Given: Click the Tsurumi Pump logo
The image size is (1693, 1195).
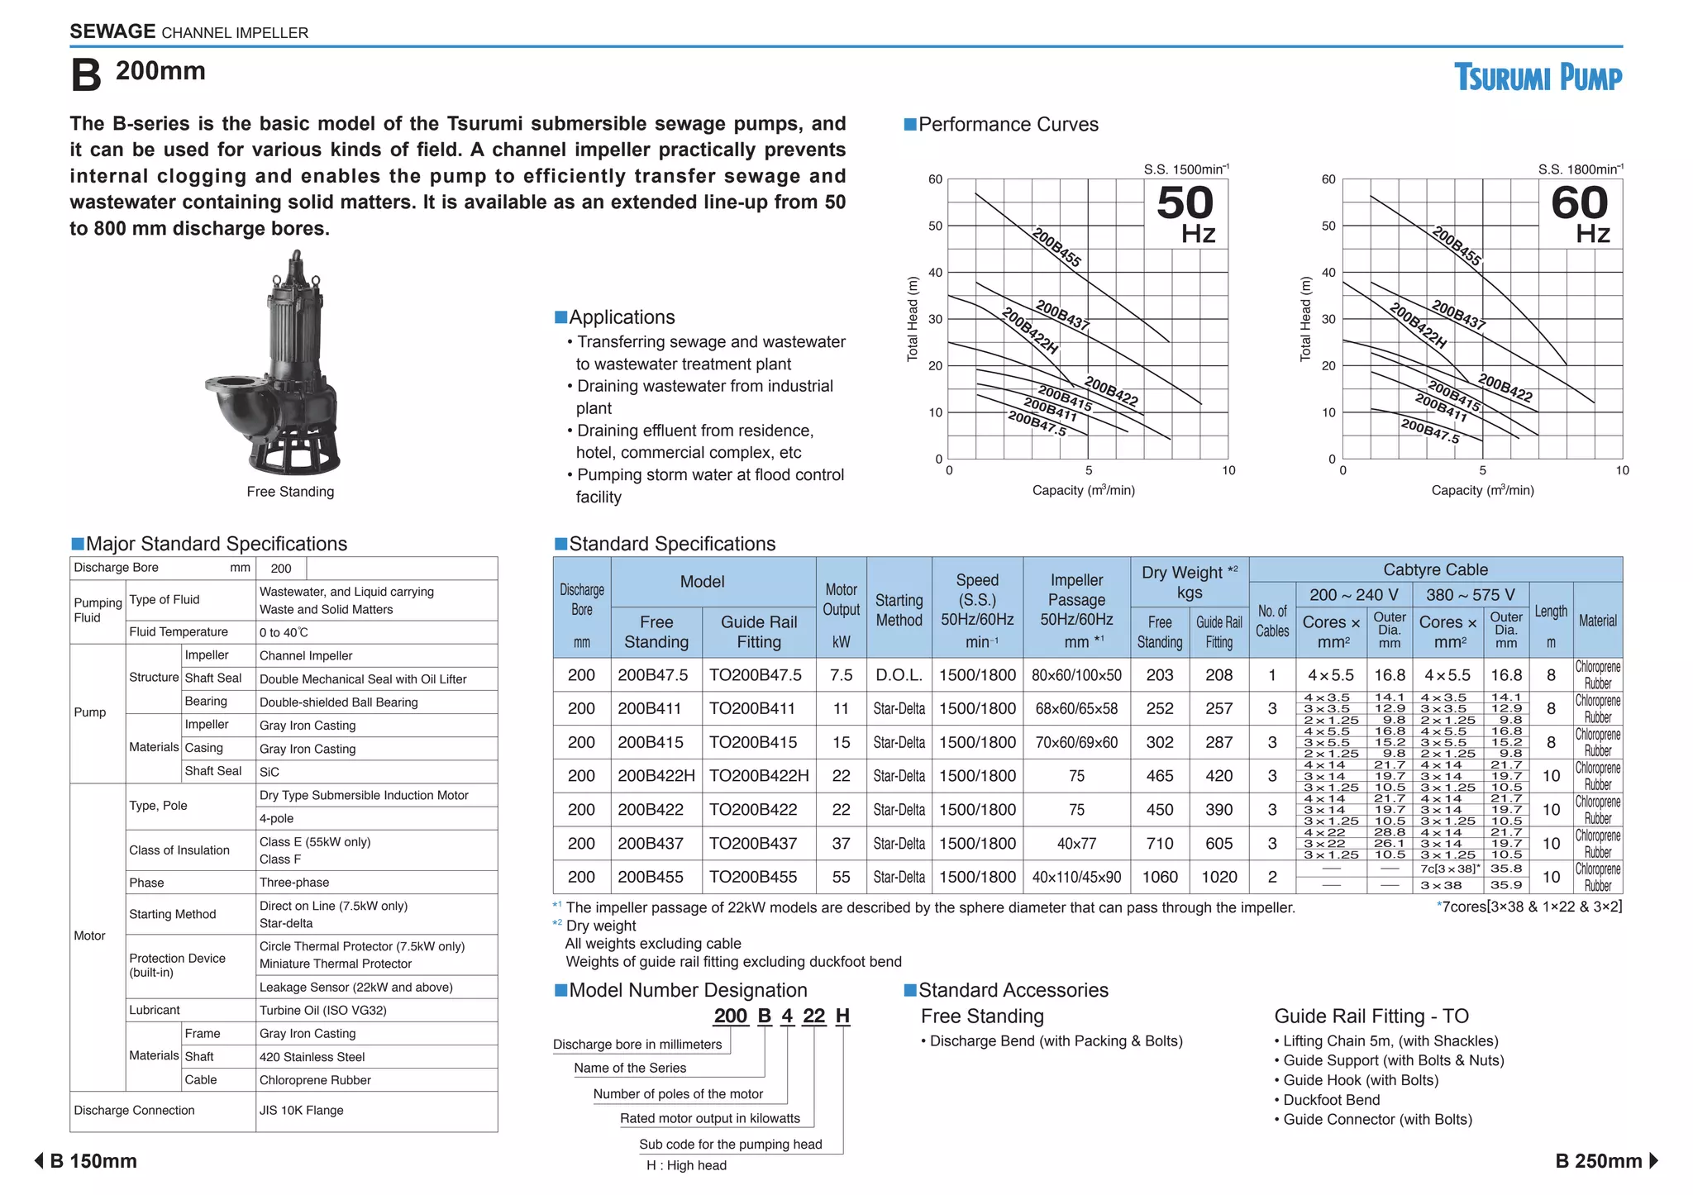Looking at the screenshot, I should pyautogui.click(x=1538, y=78).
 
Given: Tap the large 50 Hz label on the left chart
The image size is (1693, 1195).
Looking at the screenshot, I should pyautogui.click(x=1185, y=214).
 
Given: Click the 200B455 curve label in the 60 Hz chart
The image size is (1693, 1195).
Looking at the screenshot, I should pyautogui.click(x=1457, y=245).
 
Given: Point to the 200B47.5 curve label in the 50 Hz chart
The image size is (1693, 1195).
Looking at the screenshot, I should pyautogui.click(x=1037, y=423).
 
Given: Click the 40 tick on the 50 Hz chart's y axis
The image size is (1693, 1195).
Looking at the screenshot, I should pyautogui.click(x=935, y=272).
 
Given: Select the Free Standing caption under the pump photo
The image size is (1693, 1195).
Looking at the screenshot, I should pyautogui.click(x=290, y=492).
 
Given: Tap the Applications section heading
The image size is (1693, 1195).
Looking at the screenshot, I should pyautogui.click(x=621, y=317).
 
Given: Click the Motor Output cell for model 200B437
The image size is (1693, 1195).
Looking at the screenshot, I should pyautogui.click(x=841, y=844).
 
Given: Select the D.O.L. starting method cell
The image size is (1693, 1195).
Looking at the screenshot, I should pyautogui.click(x=899, y=675).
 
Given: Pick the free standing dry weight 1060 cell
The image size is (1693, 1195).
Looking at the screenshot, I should pyautogui.click(x=1160, y=877).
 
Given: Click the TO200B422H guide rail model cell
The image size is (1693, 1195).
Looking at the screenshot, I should pyautogui.click(x=758, y=776).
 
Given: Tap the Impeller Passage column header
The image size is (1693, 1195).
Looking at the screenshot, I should pyautogui.click(x=1076, y=610).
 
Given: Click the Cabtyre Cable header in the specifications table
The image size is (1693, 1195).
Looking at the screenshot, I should pyautogui.click(x=1435, y=569).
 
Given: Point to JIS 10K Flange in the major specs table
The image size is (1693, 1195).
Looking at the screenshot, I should pyautogui.click(x=302, y=1111).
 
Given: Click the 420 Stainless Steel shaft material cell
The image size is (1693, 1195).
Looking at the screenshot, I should pyautogui.click(x=312, y=1057).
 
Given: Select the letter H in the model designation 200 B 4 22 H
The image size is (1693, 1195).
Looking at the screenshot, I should pyautogui.click(x=842, y=1016).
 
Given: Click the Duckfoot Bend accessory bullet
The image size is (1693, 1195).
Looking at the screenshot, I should pyautogui.click(x=1331, y=1100).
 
